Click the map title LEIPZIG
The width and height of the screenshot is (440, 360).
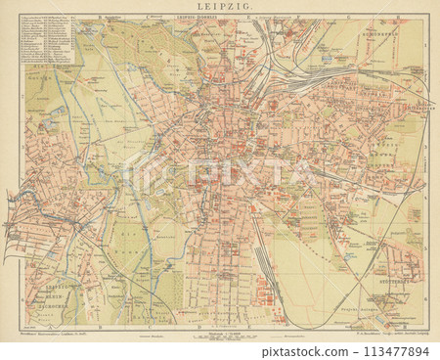(219, 8)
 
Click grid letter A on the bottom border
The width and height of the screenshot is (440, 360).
(34, 327)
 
